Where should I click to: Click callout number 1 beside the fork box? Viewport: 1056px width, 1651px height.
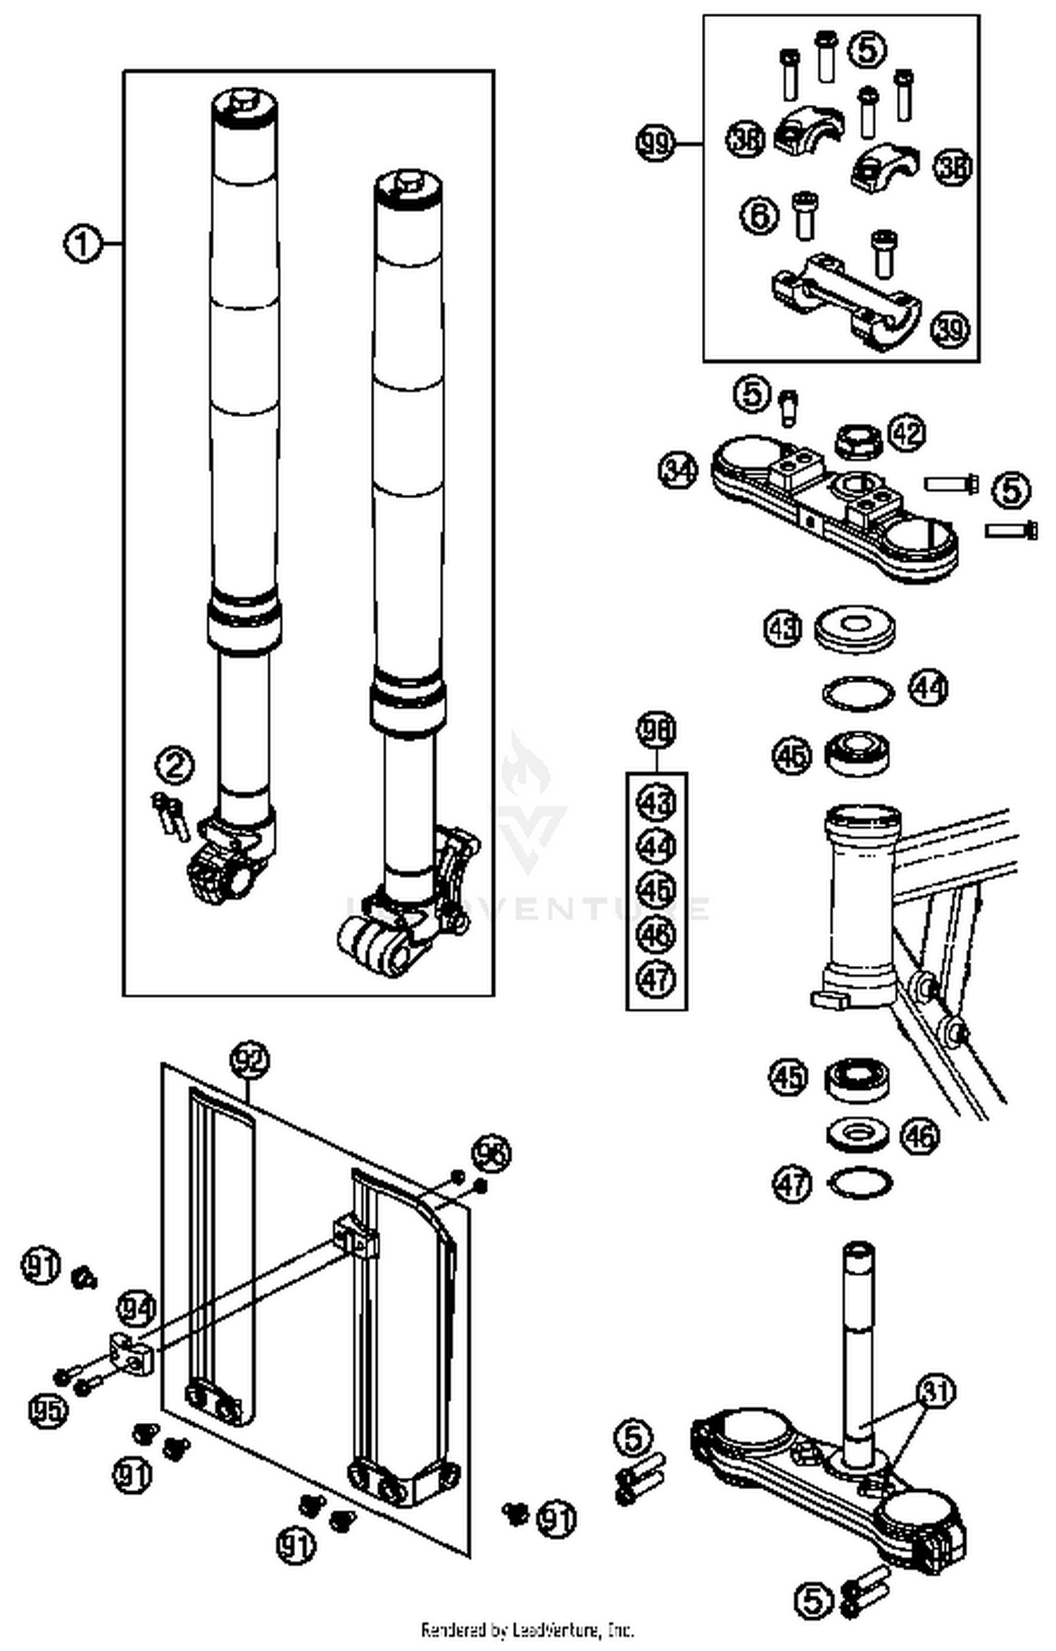pos(82,244)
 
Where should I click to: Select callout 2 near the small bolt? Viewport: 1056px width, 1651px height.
pos(175,766)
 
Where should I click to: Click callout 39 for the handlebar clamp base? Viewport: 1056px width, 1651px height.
pos(950,328)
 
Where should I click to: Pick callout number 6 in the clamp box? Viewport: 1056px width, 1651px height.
pos(760,214)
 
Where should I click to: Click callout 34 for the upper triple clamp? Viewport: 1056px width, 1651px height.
pos(678,470)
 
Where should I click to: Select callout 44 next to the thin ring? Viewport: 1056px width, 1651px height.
pos(929,688)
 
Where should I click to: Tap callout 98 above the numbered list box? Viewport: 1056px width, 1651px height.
pos(656,731)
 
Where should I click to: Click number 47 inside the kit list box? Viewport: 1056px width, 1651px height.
pos(656,979)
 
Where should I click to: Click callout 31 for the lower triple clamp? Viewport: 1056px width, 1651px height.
pos(936,1391)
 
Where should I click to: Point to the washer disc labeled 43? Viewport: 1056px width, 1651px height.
pos(855,627)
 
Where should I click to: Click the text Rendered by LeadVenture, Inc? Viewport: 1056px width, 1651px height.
pos(527,1630)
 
